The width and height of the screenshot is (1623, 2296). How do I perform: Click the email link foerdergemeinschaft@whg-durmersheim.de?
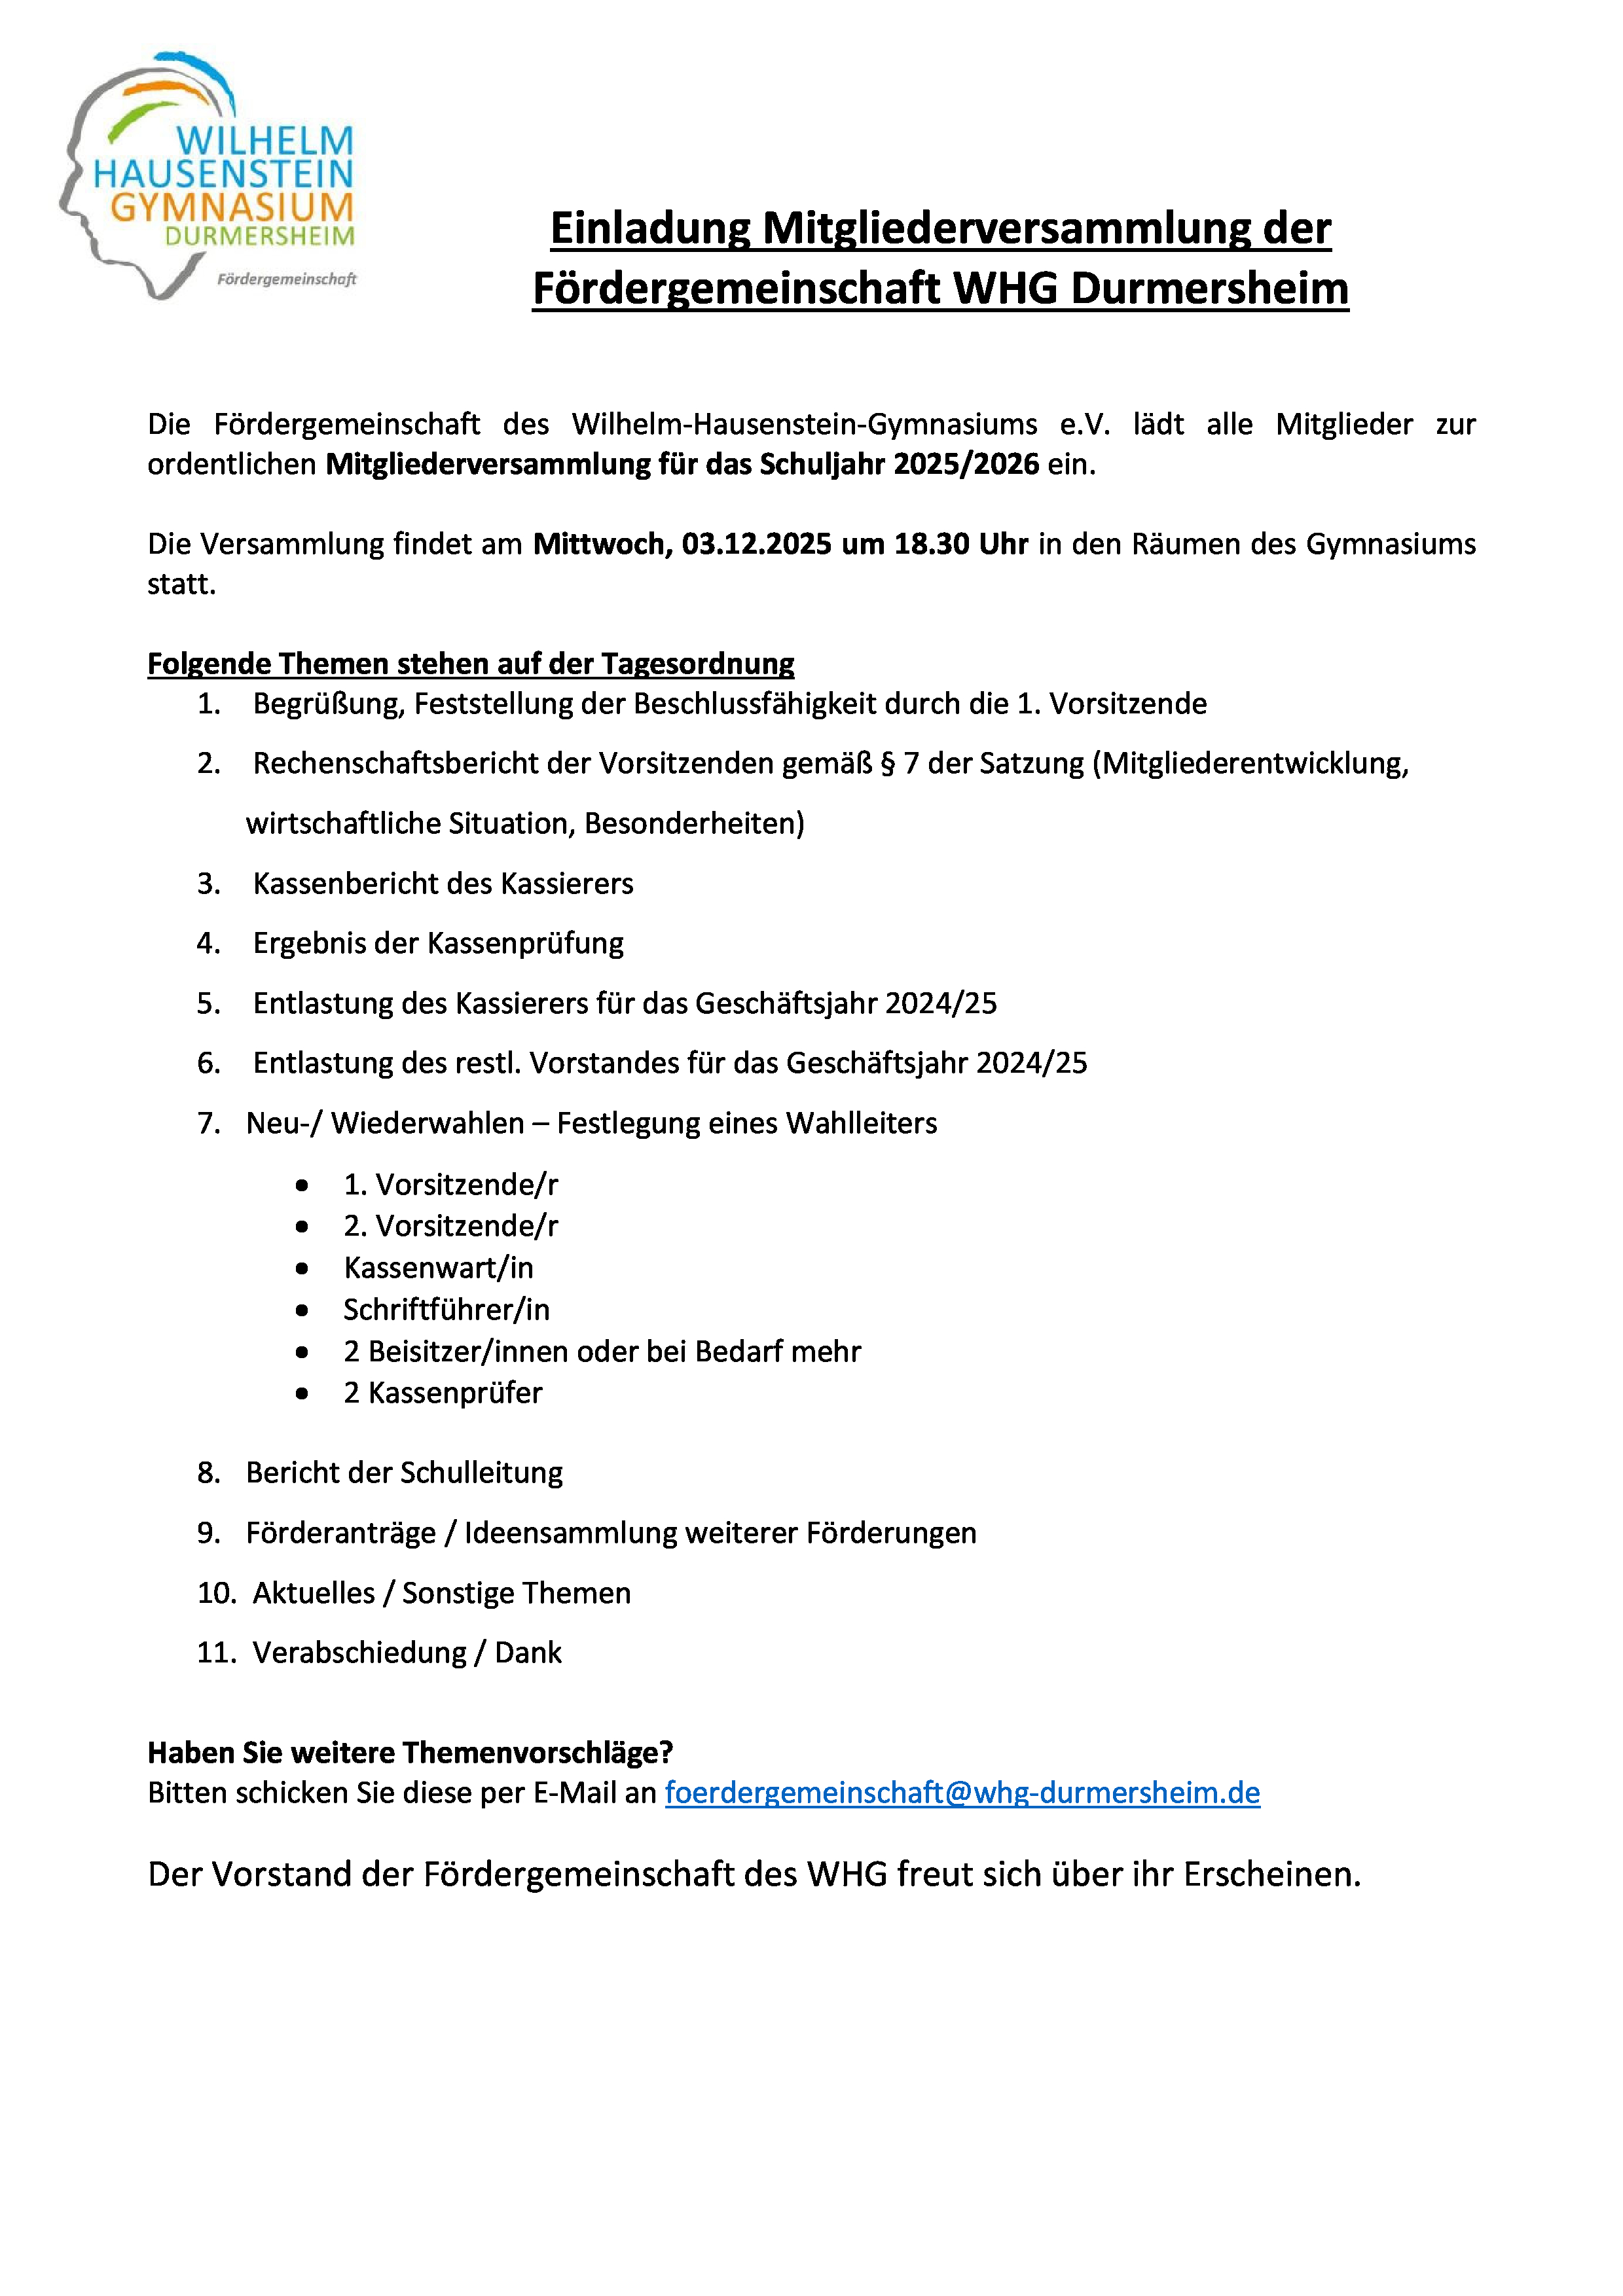pyautogui.click(x=961, y=1792)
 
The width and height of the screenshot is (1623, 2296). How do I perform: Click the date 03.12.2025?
pyautogui.click(x=756, y=544)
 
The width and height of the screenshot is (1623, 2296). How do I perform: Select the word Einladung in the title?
pyautogui.click(x=650, y=228)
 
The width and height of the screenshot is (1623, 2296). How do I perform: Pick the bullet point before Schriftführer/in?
pyautogui.click(x=302, y=1310)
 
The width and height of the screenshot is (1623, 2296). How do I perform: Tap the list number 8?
pyautogui.click(x=208, y=1473)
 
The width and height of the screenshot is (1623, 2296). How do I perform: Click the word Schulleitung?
pyautogui.click(x=481, y=1473)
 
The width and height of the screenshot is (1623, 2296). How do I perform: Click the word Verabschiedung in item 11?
pyautogui.click(x=359, y=1653)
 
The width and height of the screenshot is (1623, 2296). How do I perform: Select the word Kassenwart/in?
pyautogui.click(x=438, y=1268)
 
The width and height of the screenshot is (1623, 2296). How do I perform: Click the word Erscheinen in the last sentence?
pyautogui.click(x=1272, y=1873)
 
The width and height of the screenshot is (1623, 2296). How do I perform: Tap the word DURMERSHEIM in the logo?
pyautogui.click(x=260, y=236)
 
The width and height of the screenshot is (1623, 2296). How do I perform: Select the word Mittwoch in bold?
pyautogui.click(x=602, y=544)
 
